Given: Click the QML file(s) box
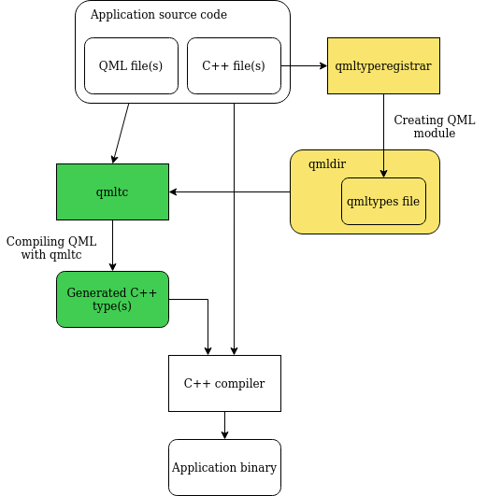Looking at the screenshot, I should coord(131,66).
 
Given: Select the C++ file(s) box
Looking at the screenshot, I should coord(234,66).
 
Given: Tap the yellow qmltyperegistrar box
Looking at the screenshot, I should coord(383,66).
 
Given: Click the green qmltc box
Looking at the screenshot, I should coord(112,192).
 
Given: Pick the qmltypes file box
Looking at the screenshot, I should coord(383,201).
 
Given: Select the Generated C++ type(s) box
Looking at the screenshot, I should coord(112,299).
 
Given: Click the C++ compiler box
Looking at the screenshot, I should coord(224,383).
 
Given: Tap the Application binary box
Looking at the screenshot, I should coord(224,467).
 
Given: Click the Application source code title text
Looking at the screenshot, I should coord(158,15).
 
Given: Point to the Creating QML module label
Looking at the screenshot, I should coord(434,127).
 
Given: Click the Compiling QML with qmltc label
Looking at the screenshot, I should coord(51,248).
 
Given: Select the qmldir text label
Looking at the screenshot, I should coord(327,163).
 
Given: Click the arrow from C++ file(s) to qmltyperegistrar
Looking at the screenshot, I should coord(304,66).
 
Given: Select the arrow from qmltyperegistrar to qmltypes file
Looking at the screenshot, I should coord(383,135).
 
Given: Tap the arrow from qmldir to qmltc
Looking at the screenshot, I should coord(229,192).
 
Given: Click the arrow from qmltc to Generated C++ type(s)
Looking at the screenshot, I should coord(112,246).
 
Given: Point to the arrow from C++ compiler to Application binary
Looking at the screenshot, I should coord(224,425).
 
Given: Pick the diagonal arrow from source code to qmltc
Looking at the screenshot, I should coord(121,133).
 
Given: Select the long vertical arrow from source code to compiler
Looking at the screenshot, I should coord(234,224).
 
